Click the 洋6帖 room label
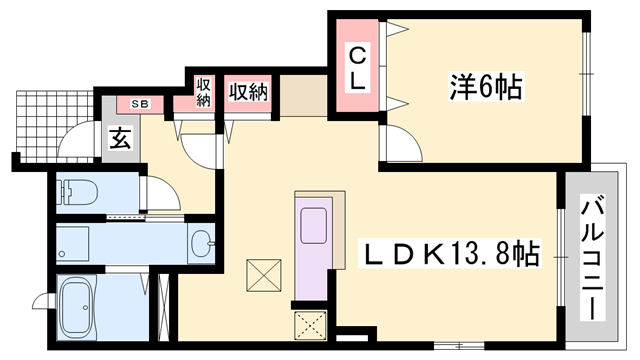point(483,88)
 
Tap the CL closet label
point(357,67)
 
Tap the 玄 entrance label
point(119,140)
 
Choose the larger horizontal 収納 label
point(247,93)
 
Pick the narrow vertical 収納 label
point(204,92)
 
